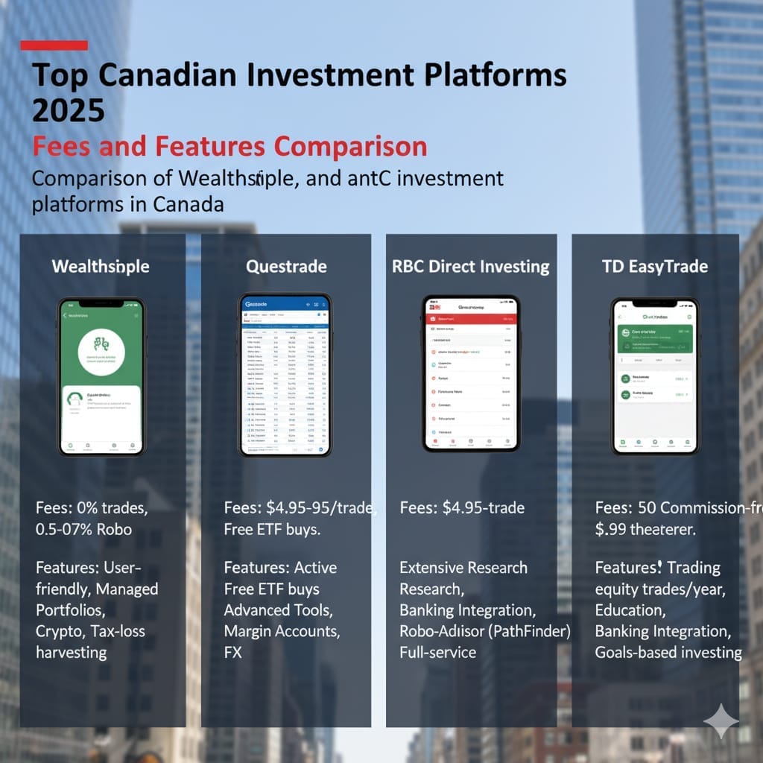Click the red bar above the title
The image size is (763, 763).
pyautogui.click(x=54, y=45)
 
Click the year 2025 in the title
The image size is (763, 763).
pyautogui.click(x=69, y=110)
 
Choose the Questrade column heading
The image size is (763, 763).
pyautogui.click(x=286, y=266)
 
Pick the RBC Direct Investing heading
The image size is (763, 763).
pyautogui.click(x=471, y=266)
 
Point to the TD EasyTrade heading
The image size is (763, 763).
pyautogui.click(x=655, y=266)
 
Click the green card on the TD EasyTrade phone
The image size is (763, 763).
pyautogui.click(x=655, y=338)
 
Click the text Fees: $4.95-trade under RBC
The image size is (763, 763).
pyautogui.click(x=462, y=508)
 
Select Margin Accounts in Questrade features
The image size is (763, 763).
pyautogui.click(x=282, y=631)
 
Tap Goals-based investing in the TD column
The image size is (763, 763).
pyautogui.click(x=668, y=653)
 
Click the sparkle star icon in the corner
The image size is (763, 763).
pyautogui.click(x=721, y=721)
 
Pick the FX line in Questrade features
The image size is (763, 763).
pyautogui.click(x=234, y=653)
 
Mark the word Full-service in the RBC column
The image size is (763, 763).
pyautogui.click(x=438, y=653)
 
